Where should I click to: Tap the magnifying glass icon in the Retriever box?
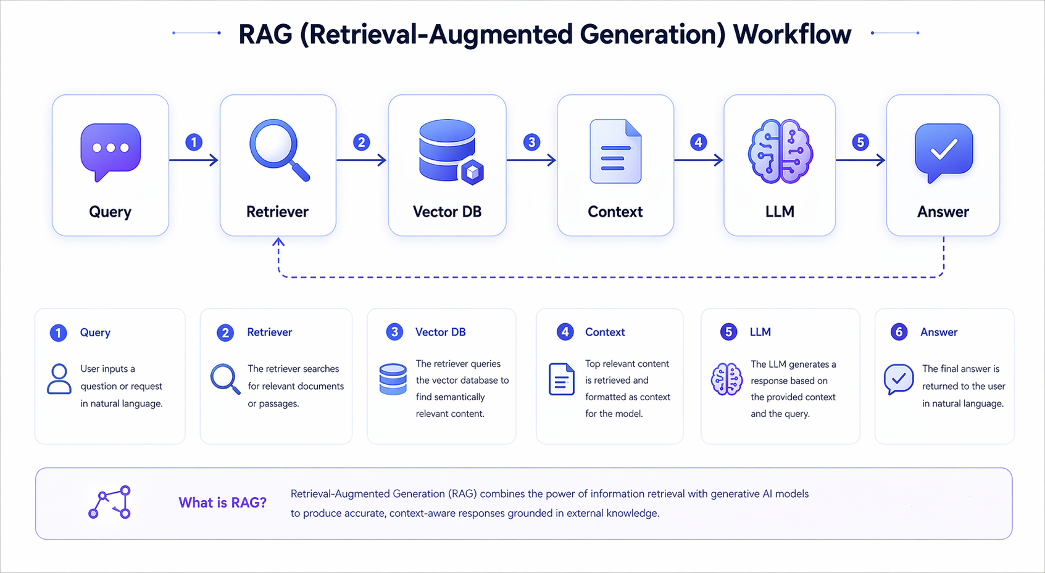tap(278, 150)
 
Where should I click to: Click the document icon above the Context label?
tap(615, 152)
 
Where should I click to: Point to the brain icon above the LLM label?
tap(780, 152)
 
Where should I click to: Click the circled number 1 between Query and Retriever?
tap(194, 142)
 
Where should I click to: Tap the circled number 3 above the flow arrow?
tap(531, 142)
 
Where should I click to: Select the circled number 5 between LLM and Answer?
tap(860, 142)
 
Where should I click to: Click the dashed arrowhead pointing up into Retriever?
tap(278, 242)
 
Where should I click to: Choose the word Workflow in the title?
tap(792, 35)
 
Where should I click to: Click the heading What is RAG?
tap(222, 503)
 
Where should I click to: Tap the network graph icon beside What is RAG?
tap(110, 502)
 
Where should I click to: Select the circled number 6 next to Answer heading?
tap(899, 332)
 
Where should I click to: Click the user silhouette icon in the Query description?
tap(59, 379)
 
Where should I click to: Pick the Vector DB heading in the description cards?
tap(440, 332)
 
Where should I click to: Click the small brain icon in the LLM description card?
tap(727, 379)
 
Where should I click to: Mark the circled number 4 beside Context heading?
tap(565, 332)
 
